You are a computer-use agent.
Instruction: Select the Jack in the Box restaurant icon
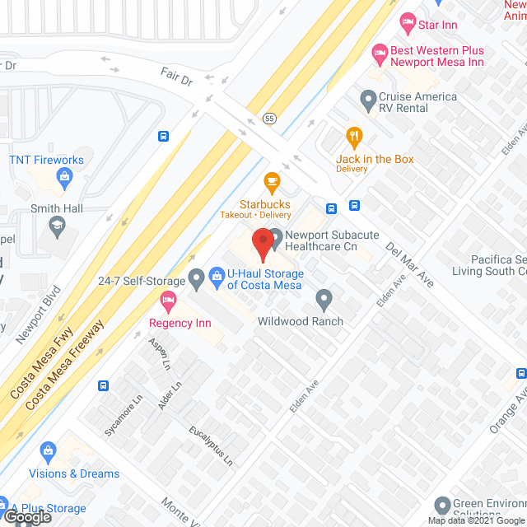point(355,135)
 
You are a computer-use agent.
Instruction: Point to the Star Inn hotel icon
point(406,20)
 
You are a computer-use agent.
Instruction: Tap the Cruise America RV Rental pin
point(368,102)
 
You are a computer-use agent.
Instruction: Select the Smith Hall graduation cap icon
point(57,224)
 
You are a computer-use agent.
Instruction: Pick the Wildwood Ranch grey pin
point(324,298)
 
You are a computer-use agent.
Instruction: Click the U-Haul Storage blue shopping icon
point(217,274)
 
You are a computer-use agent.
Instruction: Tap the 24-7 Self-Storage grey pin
point(196,281)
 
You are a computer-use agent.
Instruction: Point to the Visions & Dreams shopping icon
point(48,450)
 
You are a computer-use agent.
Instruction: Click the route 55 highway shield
point(269,119)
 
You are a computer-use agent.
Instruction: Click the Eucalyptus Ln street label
point(211,446)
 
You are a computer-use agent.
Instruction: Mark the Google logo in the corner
point(27,517)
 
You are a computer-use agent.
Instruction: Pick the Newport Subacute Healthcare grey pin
point(274,235)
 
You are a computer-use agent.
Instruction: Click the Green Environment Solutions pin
point(443,504)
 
